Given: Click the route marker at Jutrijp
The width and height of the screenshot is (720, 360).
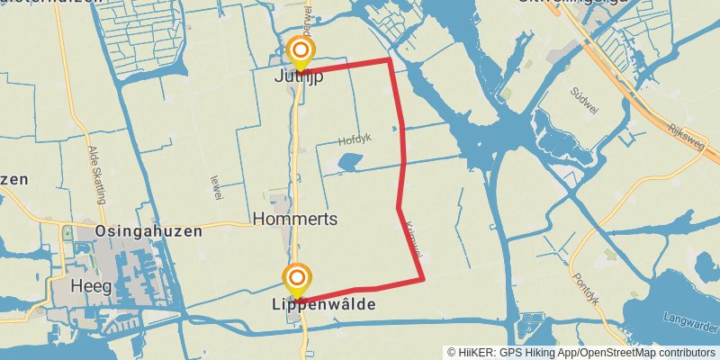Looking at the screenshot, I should click(300, 50).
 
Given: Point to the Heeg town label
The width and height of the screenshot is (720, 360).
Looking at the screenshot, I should click(89, 286).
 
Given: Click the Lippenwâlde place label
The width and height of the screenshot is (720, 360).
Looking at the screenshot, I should click(323, 306).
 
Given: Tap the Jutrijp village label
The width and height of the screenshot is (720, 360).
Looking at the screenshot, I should click(299, 77).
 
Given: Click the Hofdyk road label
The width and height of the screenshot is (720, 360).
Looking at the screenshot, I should click(355, 140).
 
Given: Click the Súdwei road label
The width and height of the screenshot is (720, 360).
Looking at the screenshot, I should click(584, 96).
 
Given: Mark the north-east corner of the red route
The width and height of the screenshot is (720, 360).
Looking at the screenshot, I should click(389, 59).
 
